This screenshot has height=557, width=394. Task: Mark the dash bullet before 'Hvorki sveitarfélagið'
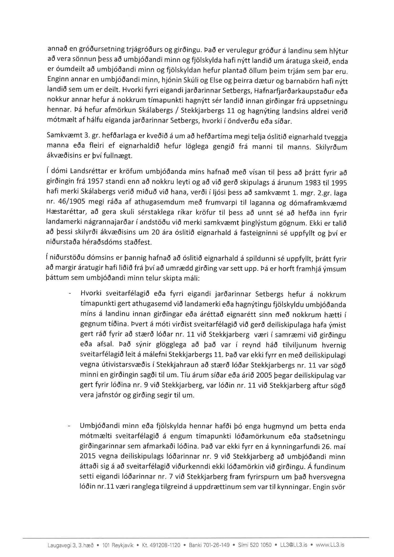tap(70, 295)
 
